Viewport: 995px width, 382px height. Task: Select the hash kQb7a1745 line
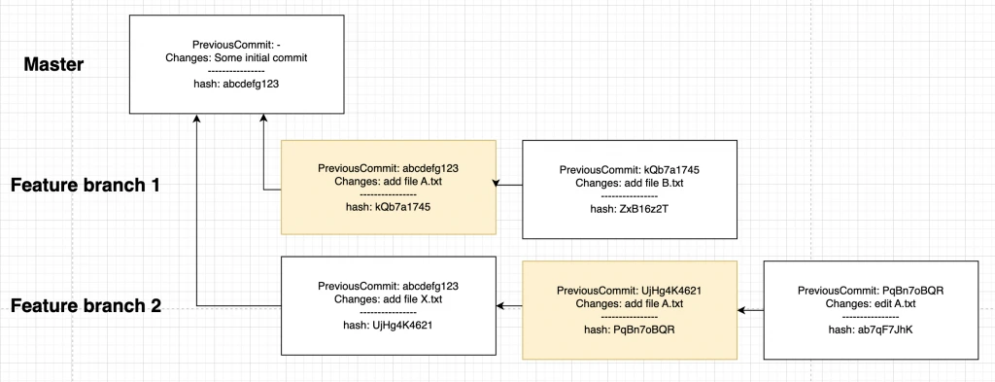point(388,208)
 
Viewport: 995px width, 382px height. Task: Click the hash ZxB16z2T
point(629,208)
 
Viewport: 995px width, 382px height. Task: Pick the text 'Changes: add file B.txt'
point(629,183)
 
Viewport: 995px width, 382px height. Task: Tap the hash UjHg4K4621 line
point(388,325)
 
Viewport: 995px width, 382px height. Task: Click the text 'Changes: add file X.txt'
point(388,299)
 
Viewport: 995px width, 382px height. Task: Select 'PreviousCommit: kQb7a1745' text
point(629,170)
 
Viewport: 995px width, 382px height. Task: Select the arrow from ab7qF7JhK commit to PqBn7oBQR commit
point(751,310)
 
